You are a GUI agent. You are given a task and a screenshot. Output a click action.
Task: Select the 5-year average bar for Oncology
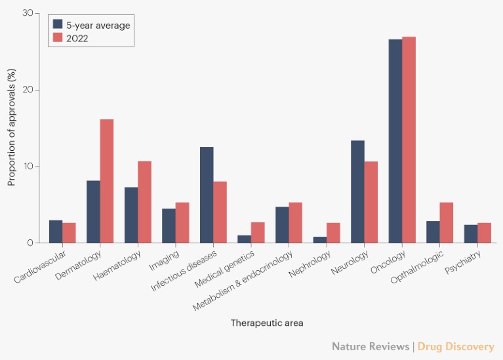(x=395, y=141)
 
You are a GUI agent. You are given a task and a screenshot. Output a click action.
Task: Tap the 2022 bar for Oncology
(x=409, y=140)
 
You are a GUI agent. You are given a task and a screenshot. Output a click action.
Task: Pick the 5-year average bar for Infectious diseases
(x=207, y=195)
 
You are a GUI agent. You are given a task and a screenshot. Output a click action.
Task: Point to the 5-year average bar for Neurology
(x=357, y=191)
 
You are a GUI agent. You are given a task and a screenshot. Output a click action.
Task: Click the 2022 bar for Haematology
(x=144, y=202)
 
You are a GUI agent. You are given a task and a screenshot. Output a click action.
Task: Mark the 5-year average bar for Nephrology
(x=320, y=239)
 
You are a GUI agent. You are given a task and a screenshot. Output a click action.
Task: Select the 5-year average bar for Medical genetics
(x=245, y=239)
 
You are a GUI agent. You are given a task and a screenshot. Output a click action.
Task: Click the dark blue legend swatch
(x=58, y=25)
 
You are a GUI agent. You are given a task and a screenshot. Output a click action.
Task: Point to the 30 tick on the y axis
(x=26, y=13)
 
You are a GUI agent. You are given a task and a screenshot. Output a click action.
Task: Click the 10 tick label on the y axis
(x=26, y=167)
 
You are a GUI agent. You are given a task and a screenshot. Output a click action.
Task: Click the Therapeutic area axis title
(x=267, y=323)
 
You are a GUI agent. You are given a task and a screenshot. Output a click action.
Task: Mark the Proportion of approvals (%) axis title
(x=12, y=128)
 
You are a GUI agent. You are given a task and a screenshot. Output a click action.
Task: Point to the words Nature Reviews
(x=370, y=346)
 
